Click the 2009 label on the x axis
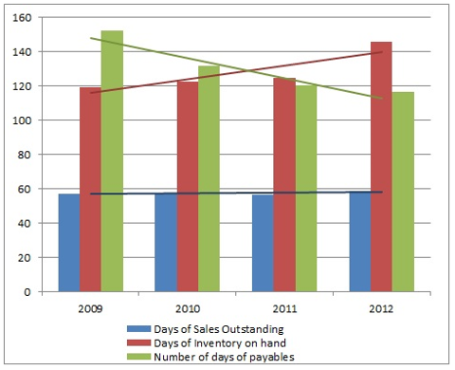90,306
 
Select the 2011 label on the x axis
284,306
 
